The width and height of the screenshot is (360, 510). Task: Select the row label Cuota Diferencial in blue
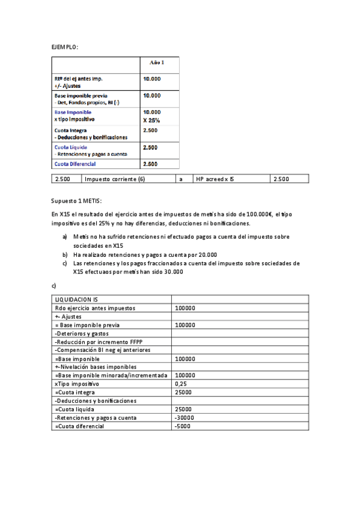click(x=75, y=164)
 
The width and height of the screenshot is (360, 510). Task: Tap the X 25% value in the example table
click(x=151, y=120)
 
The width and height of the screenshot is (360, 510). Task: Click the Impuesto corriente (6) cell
click(x=115, y=179)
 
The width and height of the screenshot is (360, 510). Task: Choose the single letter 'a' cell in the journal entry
click(x=181, y=179)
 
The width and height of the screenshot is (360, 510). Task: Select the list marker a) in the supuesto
click(x=65, y=237)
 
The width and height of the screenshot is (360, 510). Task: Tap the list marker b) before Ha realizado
click(x=65, y=254)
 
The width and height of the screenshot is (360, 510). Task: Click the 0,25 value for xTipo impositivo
click(x=180, y=384)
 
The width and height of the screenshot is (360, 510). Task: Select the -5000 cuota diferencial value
click(x=182, y=426)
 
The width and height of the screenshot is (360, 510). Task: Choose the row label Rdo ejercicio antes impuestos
click(x=95, y=308)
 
